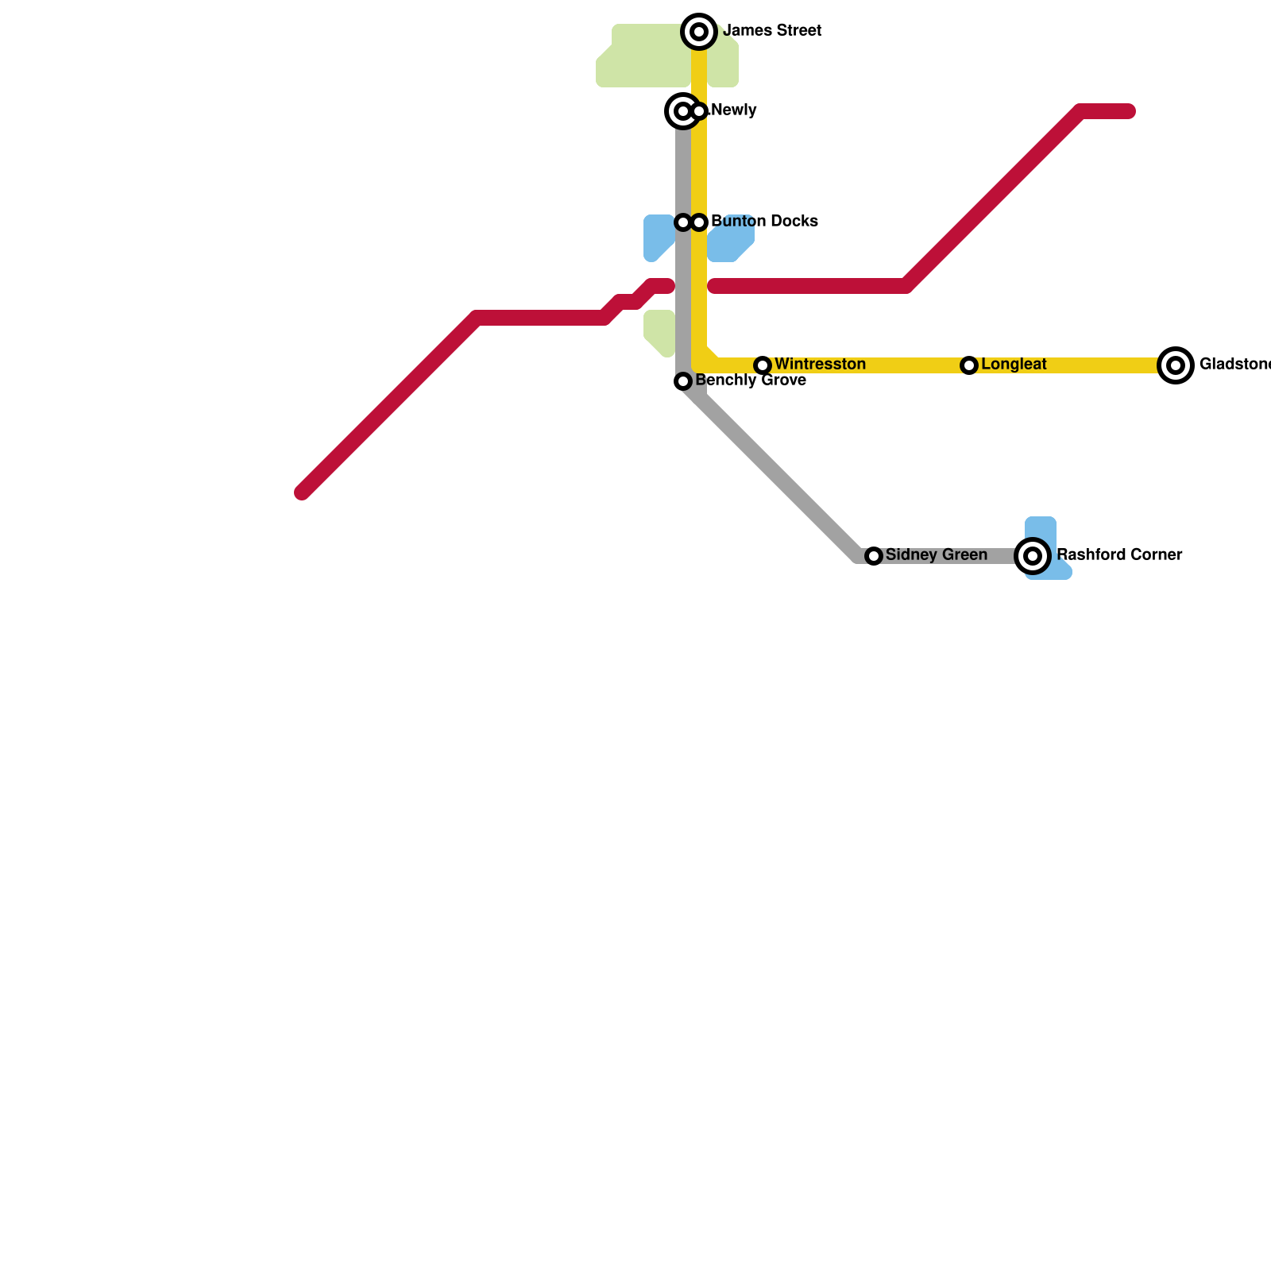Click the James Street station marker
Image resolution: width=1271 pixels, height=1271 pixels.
point(699,32)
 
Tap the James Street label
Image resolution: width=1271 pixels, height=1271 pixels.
point(772,31)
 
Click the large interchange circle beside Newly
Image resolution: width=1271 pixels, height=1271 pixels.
point(682,111)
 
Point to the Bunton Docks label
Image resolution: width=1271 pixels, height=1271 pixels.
point(764,222)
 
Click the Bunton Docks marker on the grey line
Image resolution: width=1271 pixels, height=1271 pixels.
point(683,222)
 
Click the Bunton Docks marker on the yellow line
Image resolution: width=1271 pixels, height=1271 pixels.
point(699,222)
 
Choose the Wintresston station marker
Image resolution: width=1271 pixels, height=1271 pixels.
point(763,365)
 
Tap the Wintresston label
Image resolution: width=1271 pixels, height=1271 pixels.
point(820,365)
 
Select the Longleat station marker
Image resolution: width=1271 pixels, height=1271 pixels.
point(969,365)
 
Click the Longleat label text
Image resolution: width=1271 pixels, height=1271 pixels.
point(1014,365)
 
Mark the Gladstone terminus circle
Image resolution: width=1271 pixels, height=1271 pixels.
point(1176,365)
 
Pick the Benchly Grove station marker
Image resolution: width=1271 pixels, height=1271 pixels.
point(683,382)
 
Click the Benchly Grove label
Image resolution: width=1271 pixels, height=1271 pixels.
point(751,381)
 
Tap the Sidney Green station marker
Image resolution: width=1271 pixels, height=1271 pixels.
point(874,556)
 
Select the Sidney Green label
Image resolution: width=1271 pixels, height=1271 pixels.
point(936,555)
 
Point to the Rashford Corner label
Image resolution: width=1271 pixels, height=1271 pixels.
point(1118,555)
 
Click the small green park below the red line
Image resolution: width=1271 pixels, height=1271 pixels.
point(659,332)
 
